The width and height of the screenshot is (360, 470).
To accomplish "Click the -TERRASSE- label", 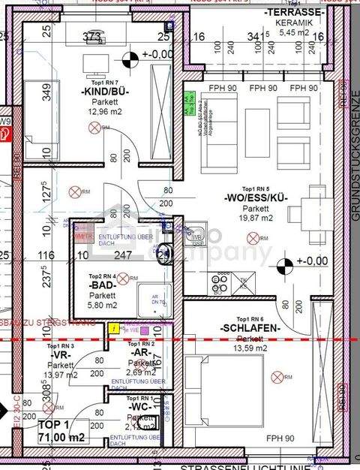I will (x=294, y=13).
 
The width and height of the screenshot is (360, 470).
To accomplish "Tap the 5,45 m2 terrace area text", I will (x=294, y=32).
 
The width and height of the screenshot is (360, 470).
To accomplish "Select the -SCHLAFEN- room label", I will (x=250, y=328).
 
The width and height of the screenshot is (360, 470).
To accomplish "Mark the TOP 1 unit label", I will (x=53, y=424).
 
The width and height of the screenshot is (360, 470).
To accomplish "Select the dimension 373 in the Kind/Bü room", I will (x=91, y=35).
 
